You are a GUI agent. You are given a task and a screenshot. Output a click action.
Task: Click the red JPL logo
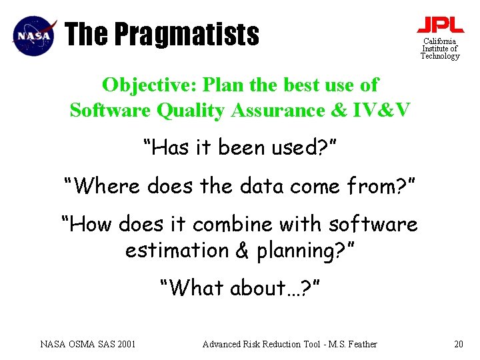(440, 25)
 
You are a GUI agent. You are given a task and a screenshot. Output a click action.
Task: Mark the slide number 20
(458, 344)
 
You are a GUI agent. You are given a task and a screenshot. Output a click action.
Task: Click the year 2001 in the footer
(125, 344)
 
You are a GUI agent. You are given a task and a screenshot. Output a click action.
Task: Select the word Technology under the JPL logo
(440, 57)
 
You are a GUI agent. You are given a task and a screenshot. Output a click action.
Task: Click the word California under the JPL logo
(440, 41)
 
